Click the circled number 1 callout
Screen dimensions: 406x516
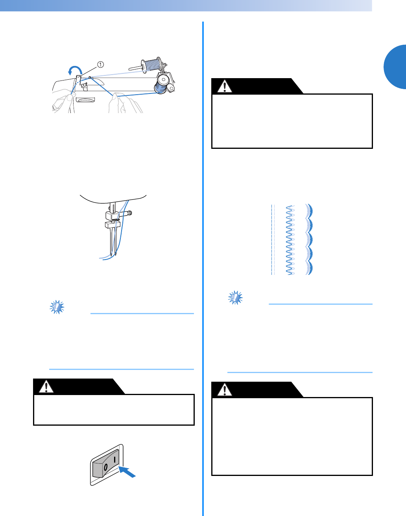[100, 64]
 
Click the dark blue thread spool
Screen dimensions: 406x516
[162, 84]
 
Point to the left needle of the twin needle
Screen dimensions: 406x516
[111, 242]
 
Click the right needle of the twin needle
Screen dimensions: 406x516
[116, 242]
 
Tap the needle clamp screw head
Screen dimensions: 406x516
[130, 213]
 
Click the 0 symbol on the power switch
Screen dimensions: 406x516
[105, 467]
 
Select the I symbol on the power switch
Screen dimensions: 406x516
[114, 460]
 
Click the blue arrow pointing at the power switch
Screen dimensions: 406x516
[127, 471]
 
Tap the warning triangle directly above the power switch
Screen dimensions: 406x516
[46, 386]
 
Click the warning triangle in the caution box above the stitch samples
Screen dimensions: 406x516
[225, 86]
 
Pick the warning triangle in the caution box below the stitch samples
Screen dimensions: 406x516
[225, 390]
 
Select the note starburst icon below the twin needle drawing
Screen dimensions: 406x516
[57, 307]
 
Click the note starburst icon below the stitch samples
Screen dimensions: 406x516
[235, 297]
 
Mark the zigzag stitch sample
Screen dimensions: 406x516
[290, 240]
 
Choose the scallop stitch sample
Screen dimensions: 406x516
[309, 240]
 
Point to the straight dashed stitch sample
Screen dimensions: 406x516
[273, 240]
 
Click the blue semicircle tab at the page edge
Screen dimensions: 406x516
[395, 67]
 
